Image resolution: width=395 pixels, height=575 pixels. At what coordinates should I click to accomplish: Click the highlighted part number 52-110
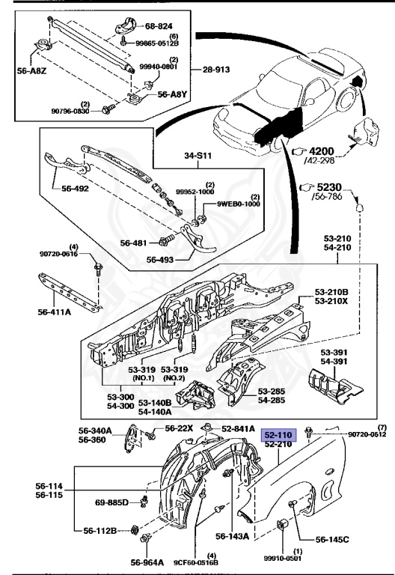click(278, 435)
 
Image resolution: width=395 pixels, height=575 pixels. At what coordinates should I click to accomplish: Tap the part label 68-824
click(159, 26)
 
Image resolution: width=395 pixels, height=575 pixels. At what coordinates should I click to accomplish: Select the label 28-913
click(216, 70)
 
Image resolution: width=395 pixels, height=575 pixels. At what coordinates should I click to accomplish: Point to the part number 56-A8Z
click(32, 71)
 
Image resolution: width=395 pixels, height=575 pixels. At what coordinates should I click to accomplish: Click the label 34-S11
click(197, 156)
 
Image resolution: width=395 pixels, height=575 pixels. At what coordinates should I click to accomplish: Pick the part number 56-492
click(75, 189)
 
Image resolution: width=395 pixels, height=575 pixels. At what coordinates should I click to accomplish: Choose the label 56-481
click(134, 243)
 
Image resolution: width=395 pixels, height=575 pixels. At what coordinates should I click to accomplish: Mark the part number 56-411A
click(54, 312)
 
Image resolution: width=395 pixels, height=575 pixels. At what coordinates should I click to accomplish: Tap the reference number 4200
click(322, 151)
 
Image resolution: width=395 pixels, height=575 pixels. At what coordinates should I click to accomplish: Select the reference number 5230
click(329, 187)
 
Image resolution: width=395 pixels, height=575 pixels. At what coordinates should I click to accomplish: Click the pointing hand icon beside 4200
click(299, 151)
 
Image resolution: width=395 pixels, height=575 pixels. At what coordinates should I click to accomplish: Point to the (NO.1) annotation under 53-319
click(144, 378)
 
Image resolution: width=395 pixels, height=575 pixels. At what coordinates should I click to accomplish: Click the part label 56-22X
click(179, 428)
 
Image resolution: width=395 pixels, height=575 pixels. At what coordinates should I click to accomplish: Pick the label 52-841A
click(238, 429)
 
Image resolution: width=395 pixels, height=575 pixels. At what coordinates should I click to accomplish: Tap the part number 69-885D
click(111, 502)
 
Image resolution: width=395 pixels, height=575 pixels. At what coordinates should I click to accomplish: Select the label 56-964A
click(147, 562)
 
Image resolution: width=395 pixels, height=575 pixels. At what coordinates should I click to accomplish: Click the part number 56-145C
click(332, 539)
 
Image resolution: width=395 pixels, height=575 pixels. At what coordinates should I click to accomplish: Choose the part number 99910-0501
click(283, 559)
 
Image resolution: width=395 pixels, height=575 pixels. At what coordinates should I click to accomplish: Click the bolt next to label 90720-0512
click(308, 432)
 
